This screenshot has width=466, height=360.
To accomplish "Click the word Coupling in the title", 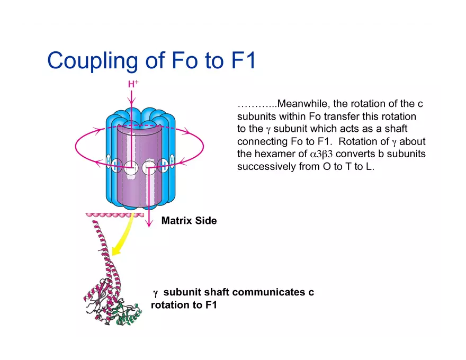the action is pyautogui.click(x=93, y=60).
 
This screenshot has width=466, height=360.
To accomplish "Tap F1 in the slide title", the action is pyautogui.click(x=243, y=60).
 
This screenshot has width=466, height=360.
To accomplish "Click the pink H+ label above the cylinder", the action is pyautogui.click(x=133, y=84).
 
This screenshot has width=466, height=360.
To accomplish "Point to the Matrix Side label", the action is pyautogui.click(x=189, y=220).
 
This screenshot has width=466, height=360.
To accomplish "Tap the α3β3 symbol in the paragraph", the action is pyautogui.click(x=321, y=154).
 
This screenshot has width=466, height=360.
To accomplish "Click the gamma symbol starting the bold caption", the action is pyautogui.click(x=155, y=293).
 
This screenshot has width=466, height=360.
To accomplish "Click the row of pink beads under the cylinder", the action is pyautogui.click(x=114, y=215).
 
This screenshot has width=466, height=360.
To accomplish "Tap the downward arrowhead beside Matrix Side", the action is pyautogui.click(x=149, y=223).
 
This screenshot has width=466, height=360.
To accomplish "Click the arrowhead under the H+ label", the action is pyautogui.click(x=131, y=101).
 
